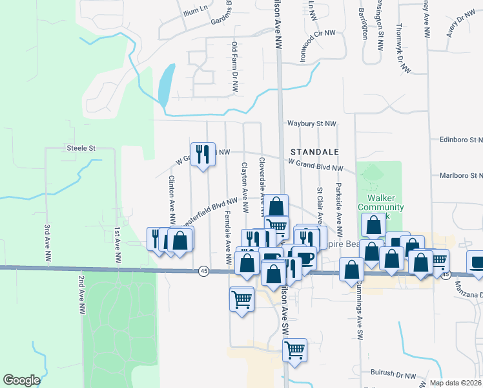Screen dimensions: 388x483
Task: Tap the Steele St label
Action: tap(81, 148)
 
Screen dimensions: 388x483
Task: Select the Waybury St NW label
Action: tap(312, 124)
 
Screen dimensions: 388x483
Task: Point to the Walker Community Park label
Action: tap(385, 208)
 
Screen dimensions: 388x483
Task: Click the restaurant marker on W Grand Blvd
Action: tap(203, 154)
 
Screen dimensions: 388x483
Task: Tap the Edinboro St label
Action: tap(460, 139)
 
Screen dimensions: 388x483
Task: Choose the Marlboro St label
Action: tap(460, 175)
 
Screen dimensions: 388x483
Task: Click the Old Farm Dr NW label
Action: tap(234, 67)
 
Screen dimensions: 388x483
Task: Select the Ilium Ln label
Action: tap(196, 8)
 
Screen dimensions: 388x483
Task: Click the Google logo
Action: tap(21, 380)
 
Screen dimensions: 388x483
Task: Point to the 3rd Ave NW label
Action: tap(48, 243)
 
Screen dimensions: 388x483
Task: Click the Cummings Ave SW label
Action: tap(356, 316)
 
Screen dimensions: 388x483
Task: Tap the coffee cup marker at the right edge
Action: tap(476, 263)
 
